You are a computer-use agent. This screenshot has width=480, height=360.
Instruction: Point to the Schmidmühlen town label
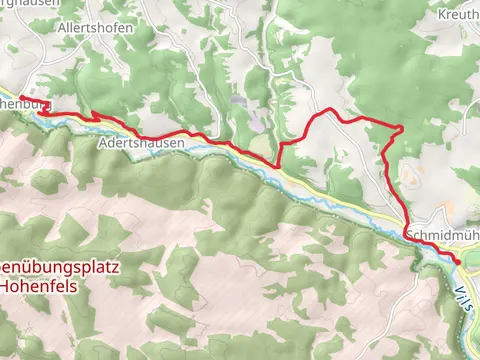[x=441, y=233]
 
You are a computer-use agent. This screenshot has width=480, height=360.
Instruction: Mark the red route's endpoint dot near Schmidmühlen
[x=458, y=261]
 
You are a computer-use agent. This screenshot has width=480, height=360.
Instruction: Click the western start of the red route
[x=21, y=97]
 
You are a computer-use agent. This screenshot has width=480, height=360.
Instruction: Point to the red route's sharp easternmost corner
[x=402, y=127]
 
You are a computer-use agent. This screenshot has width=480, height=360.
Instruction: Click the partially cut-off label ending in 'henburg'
[x=22, y=102]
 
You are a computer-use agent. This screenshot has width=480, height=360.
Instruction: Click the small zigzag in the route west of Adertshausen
[x=95, y=118]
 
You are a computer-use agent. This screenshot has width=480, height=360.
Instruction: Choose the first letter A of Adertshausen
[x=104, y=144]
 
